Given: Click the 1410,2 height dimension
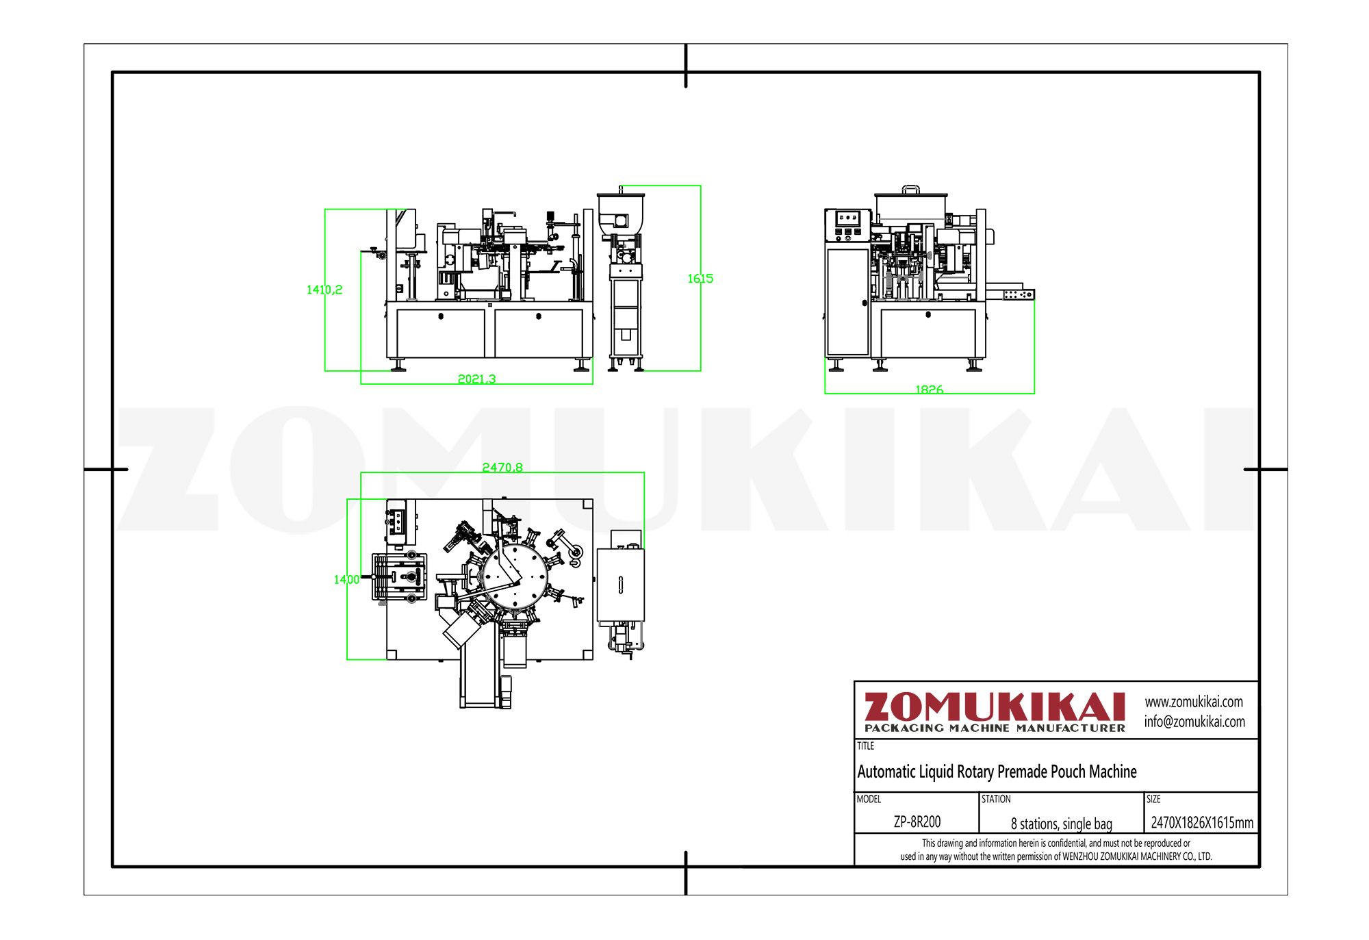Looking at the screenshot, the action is tap(324, 290).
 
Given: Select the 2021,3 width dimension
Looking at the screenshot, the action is tap(476, 379).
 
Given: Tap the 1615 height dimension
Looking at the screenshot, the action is tap(700, 279).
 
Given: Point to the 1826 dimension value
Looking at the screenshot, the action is tap(929, 390).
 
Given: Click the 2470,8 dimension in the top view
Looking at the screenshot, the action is tap(502, 468).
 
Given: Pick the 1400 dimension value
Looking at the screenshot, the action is tap(346, 580).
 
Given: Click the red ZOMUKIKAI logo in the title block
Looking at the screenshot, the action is tap(995, 707).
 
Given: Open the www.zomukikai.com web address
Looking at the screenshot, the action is tap(1194, 702).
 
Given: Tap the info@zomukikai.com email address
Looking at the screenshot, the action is tap(1194, 722).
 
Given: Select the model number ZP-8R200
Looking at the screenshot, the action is tap(917, 822).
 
